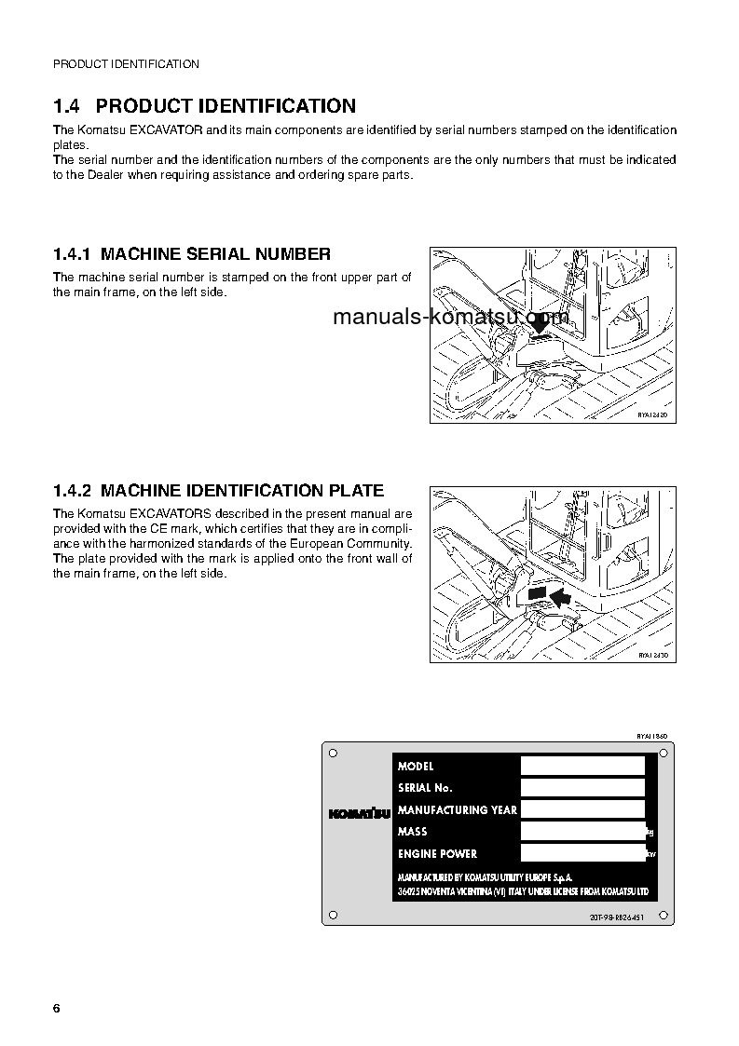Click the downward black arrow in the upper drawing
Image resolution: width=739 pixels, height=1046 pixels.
pos(539,322)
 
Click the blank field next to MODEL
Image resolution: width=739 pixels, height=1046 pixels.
pos(582,766)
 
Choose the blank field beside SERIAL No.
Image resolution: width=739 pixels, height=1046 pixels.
pos(582,788)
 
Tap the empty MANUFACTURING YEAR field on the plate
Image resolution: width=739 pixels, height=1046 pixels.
pos(582,809)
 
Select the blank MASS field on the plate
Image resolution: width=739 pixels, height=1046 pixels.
pos(582,831)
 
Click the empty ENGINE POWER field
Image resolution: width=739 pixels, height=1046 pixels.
pos(582,853)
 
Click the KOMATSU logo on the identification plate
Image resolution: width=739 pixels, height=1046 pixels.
pos(359,810)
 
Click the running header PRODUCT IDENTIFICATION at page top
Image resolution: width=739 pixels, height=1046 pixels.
pos(126,64)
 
